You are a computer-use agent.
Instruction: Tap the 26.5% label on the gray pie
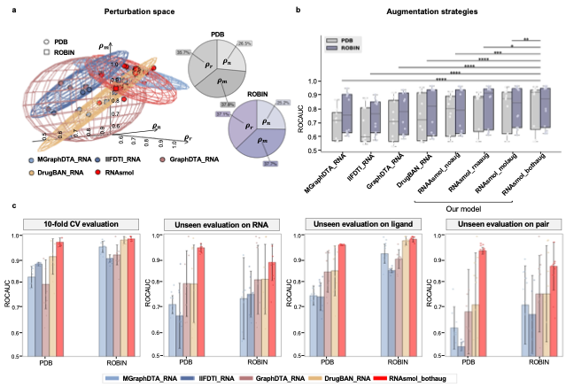pyautogui.click(x=245, y=41)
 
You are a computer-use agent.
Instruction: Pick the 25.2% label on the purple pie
pyautogui.click(x=284, y=103)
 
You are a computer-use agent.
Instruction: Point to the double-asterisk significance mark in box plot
pyautogui.click(x=526, y=39)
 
